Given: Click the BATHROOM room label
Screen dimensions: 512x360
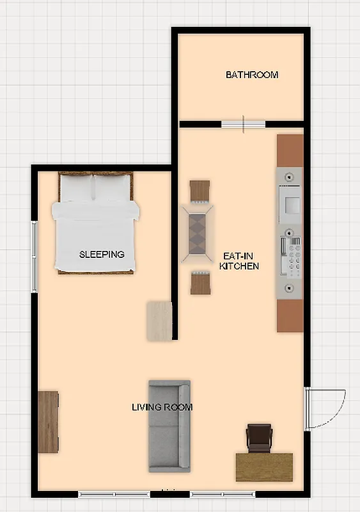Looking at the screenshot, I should (252, 75).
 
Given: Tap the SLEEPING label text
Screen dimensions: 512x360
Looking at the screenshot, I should (102, 254).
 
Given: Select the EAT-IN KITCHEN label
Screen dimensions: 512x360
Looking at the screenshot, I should (239, 260).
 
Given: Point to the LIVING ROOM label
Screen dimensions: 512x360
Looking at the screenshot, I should (162, 407).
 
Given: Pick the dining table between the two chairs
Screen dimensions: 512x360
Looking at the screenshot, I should (198, 233).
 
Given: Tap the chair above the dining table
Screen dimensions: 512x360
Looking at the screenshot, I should (200, 191).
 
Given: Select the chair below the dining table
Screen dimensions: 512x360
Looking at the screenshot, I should (200, 283).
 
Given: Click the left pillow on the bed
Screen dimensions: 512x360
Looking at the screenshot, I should (77, 188).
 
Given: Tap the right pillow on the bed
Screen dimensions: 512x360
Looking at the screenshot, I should (114, 188).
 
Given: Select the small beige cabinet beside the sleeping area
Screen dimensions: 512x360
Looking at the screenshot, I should (159, 321).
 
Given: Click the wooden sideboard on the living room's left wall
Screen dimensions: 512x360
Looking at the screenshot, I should (49, 422).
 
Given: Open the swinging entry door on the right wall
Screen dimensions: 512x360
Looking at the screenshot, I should (325, 410).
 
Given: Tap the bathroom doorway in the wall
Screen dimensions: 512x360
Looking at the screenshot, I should (243, 124).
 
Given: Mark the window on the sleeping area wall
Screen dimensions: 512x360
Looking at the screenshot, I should (35, 256).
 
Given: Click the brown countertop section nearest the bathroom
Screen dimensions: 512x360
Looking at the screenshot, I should (290, 150).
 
